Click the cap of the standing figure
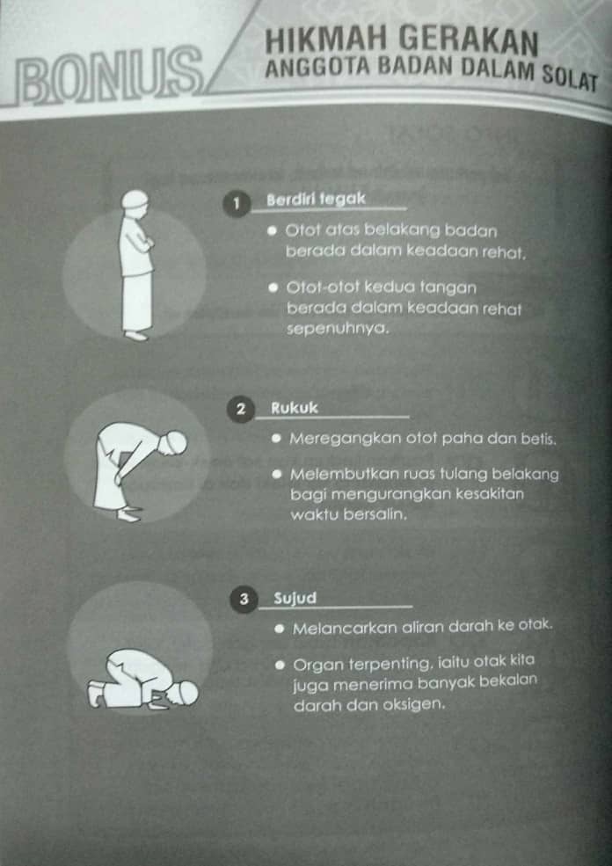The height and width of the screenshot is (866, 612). pyautogui.click(x=134, y=200)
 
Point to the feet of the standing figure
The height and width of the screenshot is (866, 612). pyautogui.click(x=136, y=335)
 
